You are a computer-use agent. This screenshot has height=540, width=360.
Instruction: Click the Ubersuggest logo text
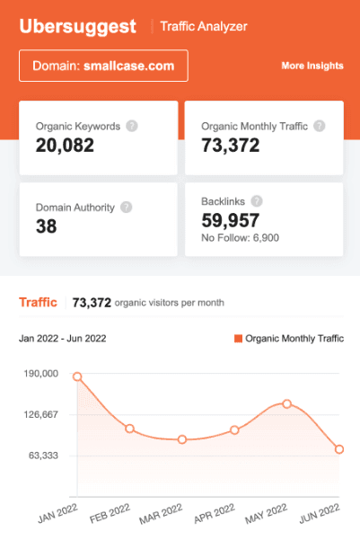tap(78, 27)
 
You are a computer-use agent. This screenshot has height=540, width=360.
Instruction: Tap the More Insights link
tap(312, 66)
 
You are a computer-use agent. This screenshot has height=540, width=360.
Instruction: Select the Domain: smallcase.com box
tap(103, 66)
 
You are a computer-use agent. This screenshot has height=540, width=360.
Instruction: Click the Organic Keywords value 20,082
tap(65, 145)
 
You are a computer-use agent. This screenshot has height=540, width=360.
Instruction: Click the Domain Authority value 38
tap(47, 226)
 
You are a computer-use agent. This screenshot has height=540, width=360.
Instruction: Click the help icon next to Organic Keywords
tap(132, 126)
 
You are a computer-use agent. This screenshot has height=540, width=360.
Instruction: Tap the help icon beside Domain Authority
tap(127, 207)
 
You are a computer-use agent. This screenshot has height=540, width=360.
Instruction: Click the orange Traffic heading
tap(38, 303)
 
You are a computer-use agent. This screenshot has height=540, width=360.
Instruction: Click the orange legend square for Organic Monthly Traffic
tap(238, 339)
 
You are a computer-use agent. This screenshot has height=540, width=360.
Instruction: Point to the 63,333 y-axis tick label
tap(42, 456)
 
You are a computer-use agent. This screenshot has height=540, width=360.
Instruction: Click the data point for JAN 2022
tap(77, 377)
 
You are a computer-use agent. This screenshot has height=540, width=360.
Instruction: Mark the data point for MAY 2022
tap(286, 403)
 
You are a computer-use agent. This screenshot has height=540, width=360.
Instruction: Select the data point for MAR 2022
tap(182, 439)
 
